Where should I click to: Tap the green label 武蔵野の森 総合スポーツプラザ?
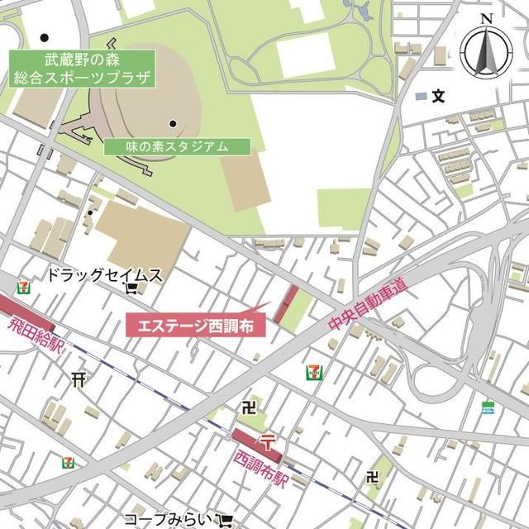pyautogui.click(x=83, y=70)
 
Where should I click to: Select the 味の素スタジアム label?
pyautogui.click(x=177, y=146)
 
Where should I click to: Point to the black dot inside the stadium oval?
pyautogui.click(x=173, y=124)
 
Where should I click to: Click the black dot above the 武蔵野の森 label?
pyautogui.click(x=44, y=38)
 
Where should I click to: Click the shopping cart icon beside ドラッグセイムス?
pyautogui.click(x=131, y=288)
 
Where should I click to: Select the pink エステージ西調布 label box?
pyautogui.click(x=196, y=325)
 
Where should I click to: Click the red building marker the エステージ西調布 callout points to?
pyautogui.click(x=287, y=305)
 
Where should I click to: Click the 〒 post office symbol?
pyautogui.click(x=267, y=438)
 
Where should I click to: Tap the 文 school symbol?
pyautogui.click(x=438, y=97)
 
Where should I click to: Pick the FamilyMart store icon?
pyautogui.click(x=488, y=407)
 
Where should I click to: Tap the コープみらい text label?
pyautogui.click(x=169, y=518)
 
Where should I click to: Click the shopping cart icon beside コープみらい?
pyautogui.click(x=225, y=520)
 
